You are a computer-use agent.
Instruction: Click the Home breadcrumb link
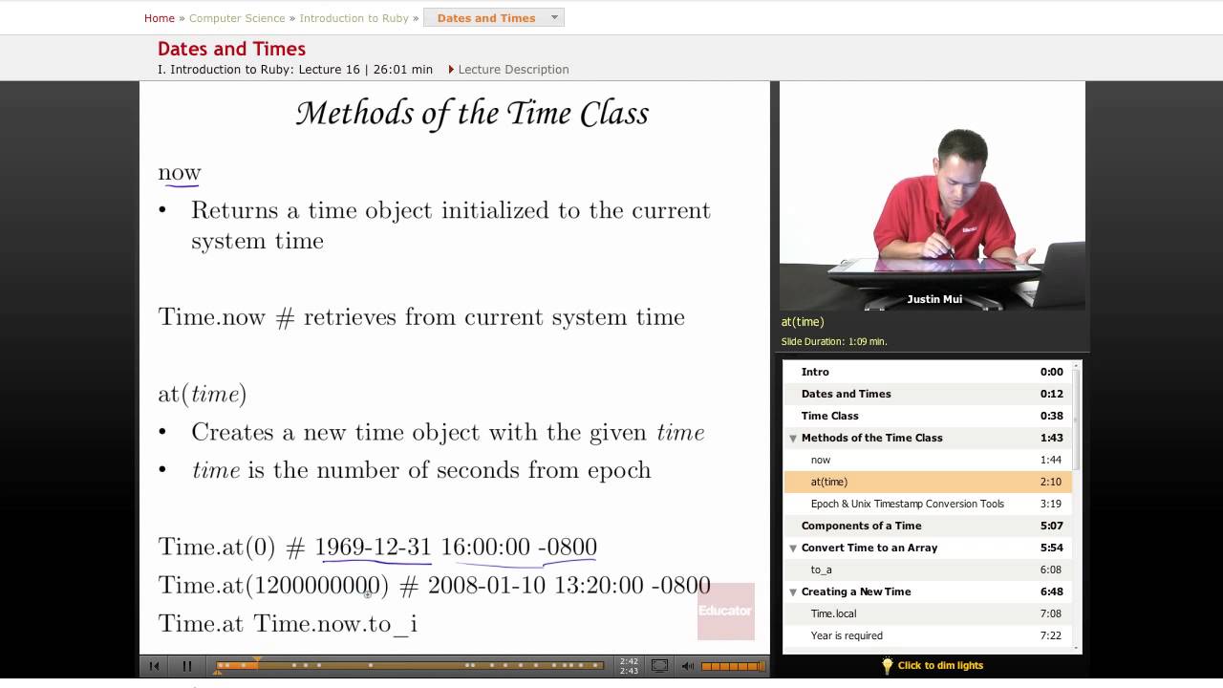[159, 18]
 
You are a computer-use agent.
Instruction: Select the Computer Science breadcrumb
[237, 18]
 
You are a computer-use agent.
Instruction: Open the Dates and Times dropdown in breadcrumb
[494, 18]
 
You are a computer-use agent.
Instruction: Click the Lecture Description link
[512, 69]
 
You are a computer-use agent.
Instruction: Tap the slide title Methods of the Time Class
[472, 114]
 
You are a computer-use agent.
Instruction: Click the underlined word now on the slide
[180, 173]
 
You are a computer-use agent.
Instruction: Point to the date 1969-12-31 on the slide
[373, 547]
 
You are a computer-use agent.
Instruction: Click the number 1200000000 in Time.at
[318, 585]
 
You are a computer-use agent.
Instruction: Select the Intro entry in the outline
[815, 372]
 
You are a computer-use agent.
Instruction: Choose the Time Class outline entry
[829, 416]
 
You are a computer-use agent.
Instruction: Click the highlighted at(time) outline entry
[828, 482]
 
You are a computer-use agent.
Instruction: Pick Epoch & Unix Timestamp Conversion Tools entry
[907, 504]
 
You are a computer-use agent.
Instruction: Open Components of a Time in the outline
[861, 526]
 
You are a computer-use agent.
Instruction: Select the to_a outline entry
[821, 570]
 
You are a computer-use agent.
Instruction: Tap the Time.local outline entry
[833, 613]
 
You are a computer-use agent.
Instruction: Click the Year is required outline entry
[846, 635]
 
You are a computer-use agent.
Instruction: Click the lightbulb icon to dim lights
[887, 665]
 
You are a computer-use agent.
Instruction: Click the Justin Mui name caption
[933, 299]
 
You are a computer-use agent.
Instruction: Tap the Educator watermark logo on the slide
[725, 611]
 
